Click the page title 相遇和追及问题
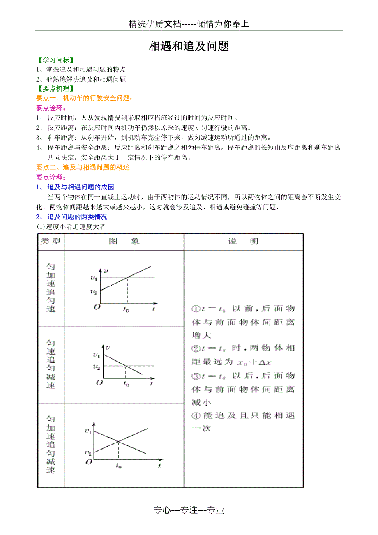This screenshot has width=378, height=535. pyautogui.click(x=189, y=46)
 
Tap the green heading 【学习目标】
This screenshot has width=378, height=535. pyautogui.click(x=55, y=60)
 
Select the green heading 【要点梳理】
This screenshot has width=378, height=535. pyautogui.click(x=55, y=88)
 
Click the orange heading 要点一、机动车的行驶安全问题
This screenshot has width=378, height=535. pyautogui.click(x=84, y=98)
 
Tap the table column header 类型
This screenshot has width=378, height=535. pyautogui.click(x=51, y=242)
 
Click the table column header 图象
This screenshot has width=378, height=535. pyautogui.click(x=124, y=242)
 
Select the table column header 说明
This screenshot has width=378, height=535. pyautogui.click(x=243, y=242)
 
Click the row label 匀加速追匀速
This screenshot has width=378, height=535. pyautogui.click(x=51, y=288)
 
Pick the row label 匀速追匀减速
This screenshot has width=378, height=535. pyautogui.click(x=51, y=364)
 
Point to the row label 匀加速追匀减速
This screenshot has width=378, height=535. pyautogui.click(x=51, y=444)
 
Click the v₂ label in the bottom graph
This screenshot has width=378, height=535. pyautogui.click(x=88, y=452)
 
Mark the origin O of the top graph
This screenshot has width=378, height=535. pyautogui.click(x=97, y=307)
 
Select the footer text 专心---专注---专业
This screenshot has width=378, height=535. pyautogui.click(x=189, y=510)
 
